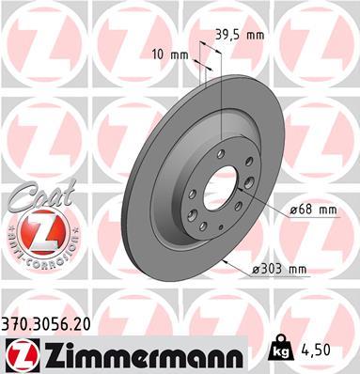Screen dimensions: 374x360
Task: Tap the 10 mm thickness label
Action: pyautogui.click(x=169, y=54)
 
